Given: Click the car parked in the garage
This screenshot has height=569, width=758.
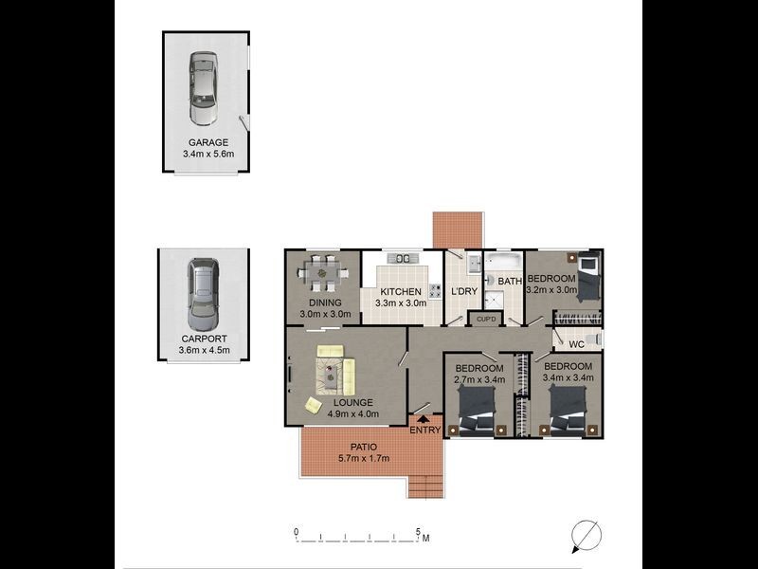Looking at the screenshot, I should pyautogui.click(x=203, y=89).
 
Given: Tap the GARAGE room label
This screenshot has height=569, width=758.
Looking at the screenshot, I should pyautogui.click(x=207, y=142).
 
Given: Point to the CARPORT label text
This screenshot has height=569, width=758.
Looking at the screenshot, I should pyautogui.click(x=204, y=338).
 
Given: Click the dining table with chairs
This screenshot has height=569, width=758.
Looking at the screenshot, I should pyautogui.click(x=321, y=274).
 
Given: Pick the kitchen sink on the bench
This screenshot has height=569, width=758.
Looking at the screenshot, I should pyautogui.click(x=403, y=258).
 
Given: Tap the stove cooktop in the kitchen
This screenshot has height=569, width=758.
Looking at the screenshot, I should pyautogui.click(x=437, y=290).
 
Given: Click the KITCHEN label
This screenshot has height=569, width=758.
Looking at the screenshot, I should pyautogui.click(x=400, y=292).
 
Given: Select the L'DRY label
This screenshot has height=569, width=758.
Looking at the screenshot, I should pyautogui.click(x=463, y=292).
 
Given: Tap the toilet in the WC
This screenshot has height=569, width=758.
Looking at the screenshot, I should pyautogui.click(x=594, y=340).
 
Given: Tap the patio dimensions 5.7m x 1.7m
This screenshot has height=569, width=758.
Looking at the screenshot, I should pyautogui.click(x=365, y=459).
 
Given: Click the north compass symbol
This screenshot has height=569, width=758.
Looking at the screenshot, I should pyautogui.click(x=586, y=536).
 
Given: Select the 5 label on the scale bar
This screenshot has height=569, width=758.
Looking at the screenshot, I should pyautogui.click(x=418, y=531).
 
